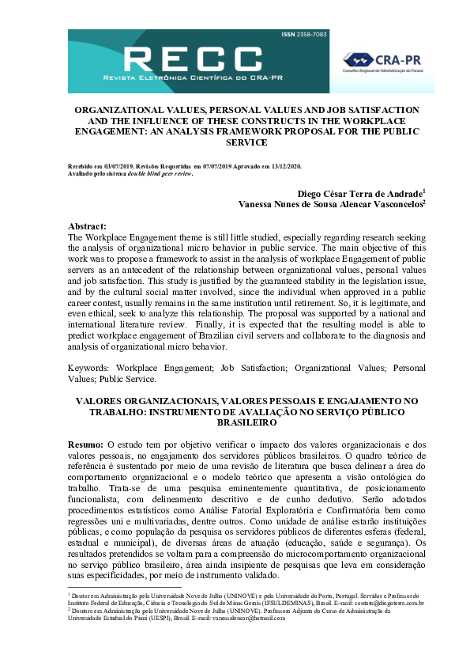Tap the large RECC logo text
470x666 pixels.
[x=194, y=59]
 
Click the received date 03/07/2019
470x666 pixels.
[x=97, y=166]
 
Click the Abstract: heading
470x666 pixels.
[x=88, y=225]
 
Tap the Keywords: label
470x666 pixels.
[x=90, y=367]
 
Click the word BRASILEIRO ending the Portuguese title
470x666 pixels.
[x=235, y=423]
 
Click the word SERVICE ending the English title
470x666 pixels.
[x=235, y=143]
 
